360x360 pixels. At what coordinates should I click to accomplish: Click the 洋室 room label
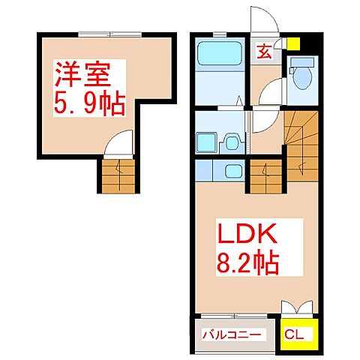[82, 76]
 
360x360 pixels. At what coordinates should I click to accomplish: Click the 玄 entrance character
[265, 52]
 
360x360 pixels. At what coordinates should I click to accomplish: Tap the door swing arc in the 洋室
[120, 142]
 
